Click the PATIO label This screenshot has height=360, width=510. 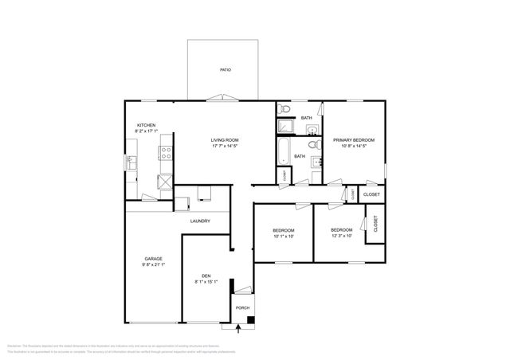226,71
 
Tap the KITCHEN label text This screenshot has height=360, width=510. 146,125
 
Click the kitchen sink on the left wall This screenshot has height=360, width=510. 129,163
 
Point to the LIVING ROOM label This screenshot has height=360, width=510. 225,139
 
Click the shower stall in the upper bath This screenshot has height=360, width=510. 285,125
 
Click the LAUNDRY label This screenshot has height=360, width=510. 199,221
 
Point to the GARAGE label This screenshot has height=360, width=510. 154,258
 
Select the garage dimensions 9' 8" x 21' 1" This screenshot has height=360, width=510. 154,265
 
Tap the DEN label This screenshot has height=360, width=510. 206,275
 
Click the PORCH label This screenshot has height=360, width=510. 241,308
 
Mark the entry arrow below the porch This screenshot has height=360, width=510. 237,326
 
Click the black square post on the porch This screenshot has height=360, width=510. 250,319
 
